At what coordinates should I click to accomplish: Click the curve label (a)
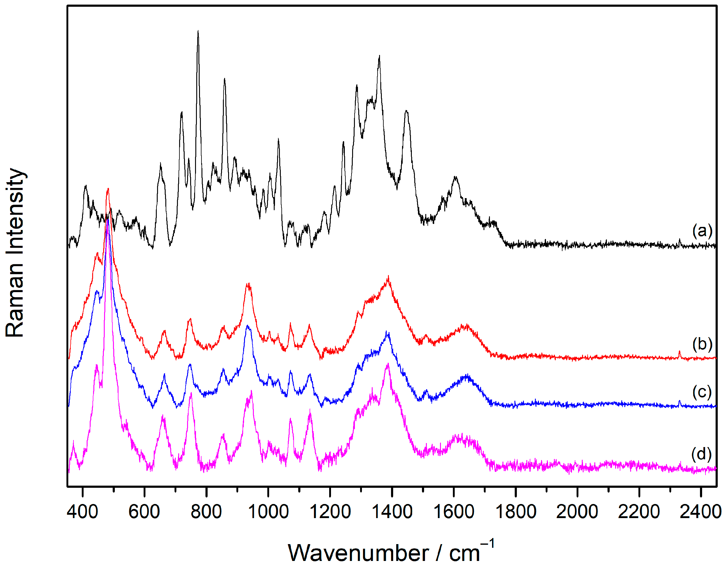coord(702,231)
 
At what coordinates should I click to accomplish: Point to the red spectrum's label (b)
coord(702,344)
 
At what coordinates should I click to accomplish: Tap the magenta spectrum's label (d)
coord(702,453)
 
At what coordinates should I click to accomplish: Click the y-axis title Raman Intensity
coord(15,253)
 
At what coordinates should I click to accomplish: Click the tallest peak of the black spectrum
coord(198,31)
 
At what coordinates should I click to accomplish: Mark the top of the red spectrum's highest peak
coord(108,189)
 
